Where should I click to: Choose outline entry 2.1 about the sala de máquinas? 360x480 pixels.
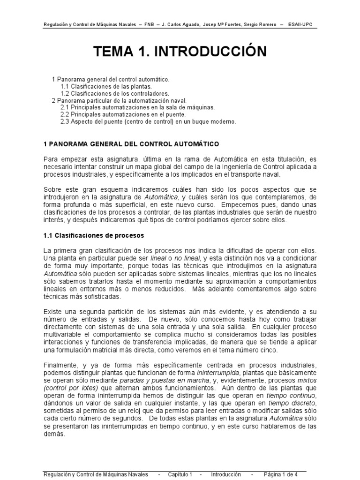point(138,107)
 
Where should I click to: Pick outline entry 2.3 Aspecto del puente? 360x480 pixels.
point(148,121)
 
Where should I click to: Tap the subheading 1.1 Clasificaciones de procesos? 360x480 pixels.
point(93,235)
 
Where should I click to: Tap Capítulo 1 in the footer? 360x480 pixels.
point(180,474)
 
